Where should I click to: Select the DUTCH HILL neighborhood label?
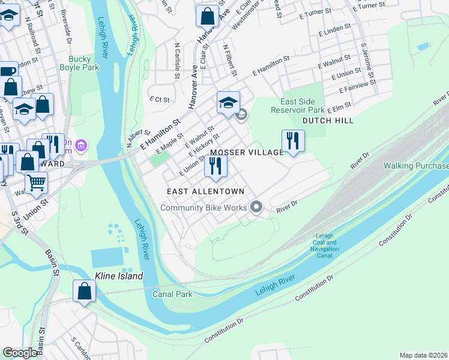pyautogui.click(x=328, y=121)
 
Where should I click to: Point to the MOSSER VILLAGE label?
pyautogui.click(x=247, y=152)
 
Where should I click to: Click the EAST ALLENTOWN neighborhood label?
pyautogui.click(x=205, y=191)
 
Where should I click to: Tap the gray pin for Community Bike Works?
pyautogui.click(x=256, y=208)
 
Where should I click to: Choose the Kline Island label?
pyautogui.click(x=119, y=276)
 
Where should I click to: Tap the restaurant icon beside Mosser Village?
pyautogui.click(x=293, y=141)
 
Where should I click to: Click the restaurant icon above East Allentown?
pyautogui.click(x=215, y=166)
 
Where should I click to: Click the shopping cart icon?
pyautogui.click(x=37, y=182)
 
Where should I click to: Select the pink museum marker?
pyautogui.click(x=82, y=145)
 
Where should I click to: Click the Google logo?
pyautogui.click(x=20, y=353)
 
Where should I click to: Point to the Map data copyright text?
pyautogui.click(x=423, y=355)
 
